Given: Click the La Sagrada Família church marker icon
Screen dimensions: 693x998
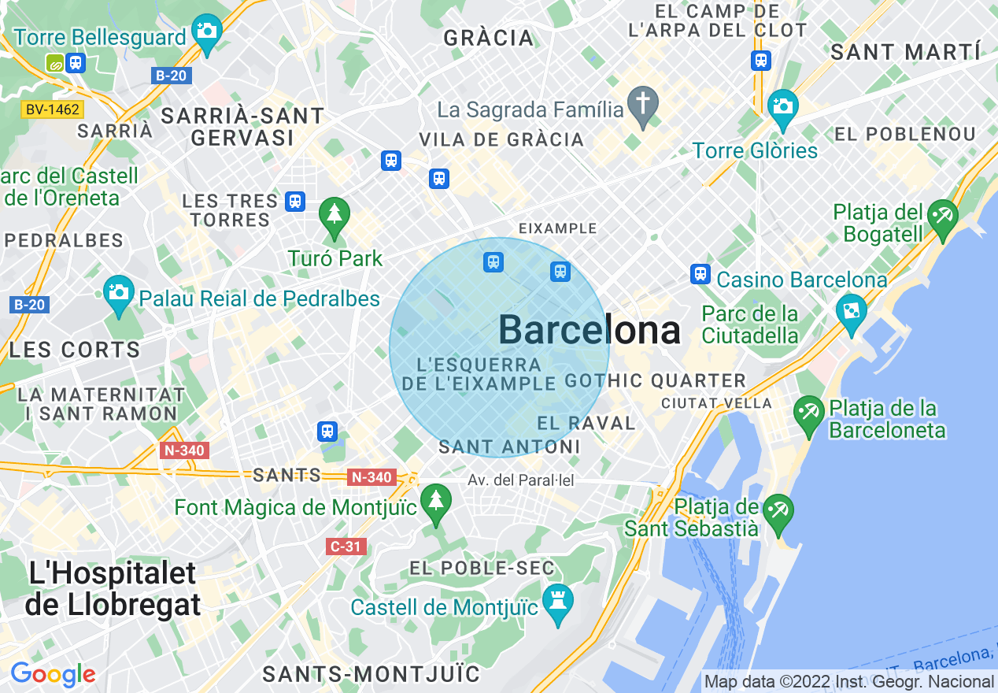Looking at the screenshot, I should [643, 106].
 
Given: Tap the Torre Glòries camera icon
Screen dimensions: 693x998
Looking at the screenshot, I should [782, 106].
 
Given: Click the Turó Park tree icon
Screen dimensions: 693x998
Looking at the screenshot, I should [335, 215].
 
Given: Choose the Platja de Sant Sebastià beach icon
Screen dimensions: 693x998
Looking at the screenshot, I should [778, 512].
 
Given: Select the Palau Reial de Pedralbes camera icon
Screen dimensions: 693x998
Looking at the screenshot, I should [118, 293].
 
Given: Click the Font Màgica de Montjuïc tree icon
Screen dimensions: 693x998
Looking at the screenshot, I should [435, 502].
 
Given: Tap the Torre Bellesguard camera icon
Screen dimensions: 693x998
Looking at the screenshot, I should [207, 31].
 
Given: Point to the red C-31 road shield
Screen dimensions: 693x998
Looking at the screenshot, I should [346, 546].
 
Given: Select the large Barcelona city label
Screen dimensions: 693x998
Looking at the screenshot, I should [590, 329].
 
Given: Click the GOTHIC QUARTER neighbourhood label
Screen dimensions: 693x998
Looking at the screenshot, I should [655, 381].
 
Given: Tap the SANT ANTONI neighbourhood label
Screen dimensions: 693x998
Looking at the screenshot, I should [509, 447].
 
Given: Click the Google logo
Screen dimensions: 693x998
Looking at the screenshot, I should [53, 674].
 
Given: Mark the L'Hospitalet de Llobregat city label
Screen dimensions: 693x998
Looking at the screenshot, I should [113, 589].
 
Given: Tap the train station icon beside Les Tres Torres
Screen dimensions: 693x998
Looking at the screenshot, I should [295, 201].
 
